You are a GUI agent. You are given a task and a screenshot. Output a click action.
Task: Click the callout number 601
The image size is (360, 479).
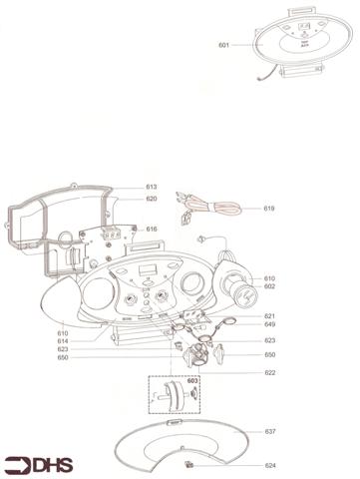223,45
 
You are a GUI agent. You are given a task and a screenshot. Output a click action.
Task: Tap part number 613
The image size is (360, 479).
152,187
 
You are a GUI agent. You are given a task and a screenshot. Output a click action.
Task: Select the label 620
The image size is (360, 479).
152,199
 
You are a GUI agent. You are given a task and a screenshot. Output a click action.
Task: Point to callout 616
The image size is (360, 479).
152,229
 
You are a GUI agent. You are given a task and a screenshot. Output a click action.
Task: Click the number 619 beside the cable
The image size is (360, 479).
269,209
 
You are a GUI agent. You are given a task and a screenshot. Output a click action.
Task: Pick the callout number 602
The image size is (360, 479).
269,286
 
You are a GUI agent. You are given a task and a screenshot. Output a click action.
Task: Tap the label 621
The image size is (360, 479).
269,316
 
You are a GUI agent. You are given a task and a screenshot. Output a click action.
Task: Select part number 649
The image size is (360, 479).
269,324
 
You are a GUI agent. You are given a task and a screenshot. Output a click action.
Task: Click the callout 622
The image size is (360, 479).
269,372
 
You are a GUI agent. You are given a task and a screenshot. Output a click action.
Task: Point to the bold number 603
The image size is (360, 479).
192,381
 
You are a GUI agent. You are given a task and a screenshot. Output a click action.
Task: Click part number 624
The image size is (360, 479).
269,465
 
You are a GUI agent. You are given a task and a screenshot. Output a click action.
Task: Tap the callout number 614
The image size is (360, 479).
63,340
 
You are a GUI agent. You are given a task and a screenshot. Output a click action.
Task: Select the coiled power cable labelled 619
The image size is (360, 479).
214,209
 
